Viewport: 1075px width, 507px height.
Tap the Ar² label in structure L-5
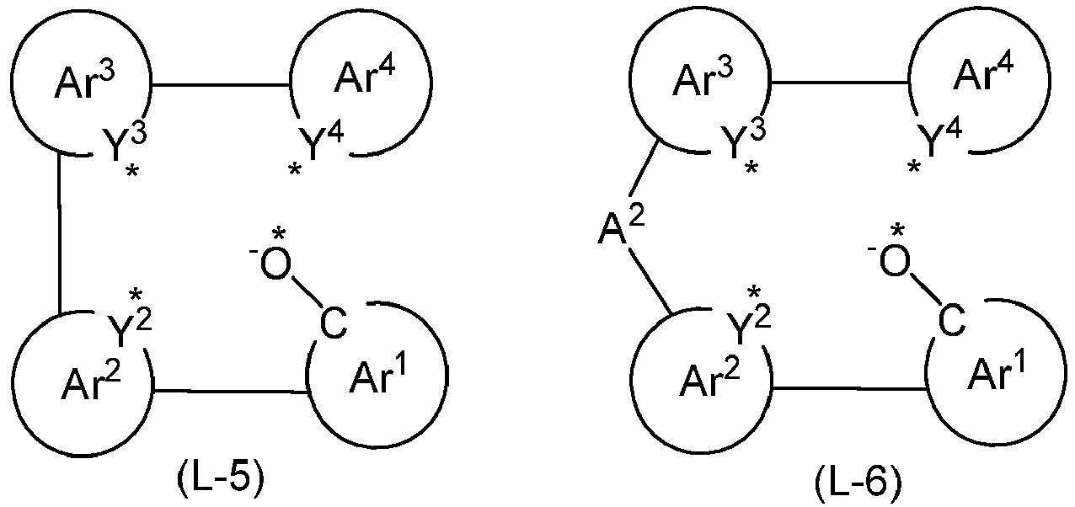click(91, 381)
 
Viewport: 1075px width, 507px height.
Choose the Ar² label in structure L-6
click(709, 378)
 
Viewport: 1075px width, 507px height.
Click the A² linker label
click(622, 227)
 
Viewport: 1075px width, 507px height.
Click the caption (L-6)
click(858, 484)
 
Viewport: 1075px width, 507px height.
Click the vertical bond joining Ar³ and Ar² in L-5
click(58, 233)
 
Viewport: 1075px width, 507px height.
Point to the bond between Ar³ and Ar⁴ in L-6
click(839, 83)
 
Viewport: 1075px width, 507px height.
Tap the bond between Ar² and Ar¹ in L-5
click(230, 392)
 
